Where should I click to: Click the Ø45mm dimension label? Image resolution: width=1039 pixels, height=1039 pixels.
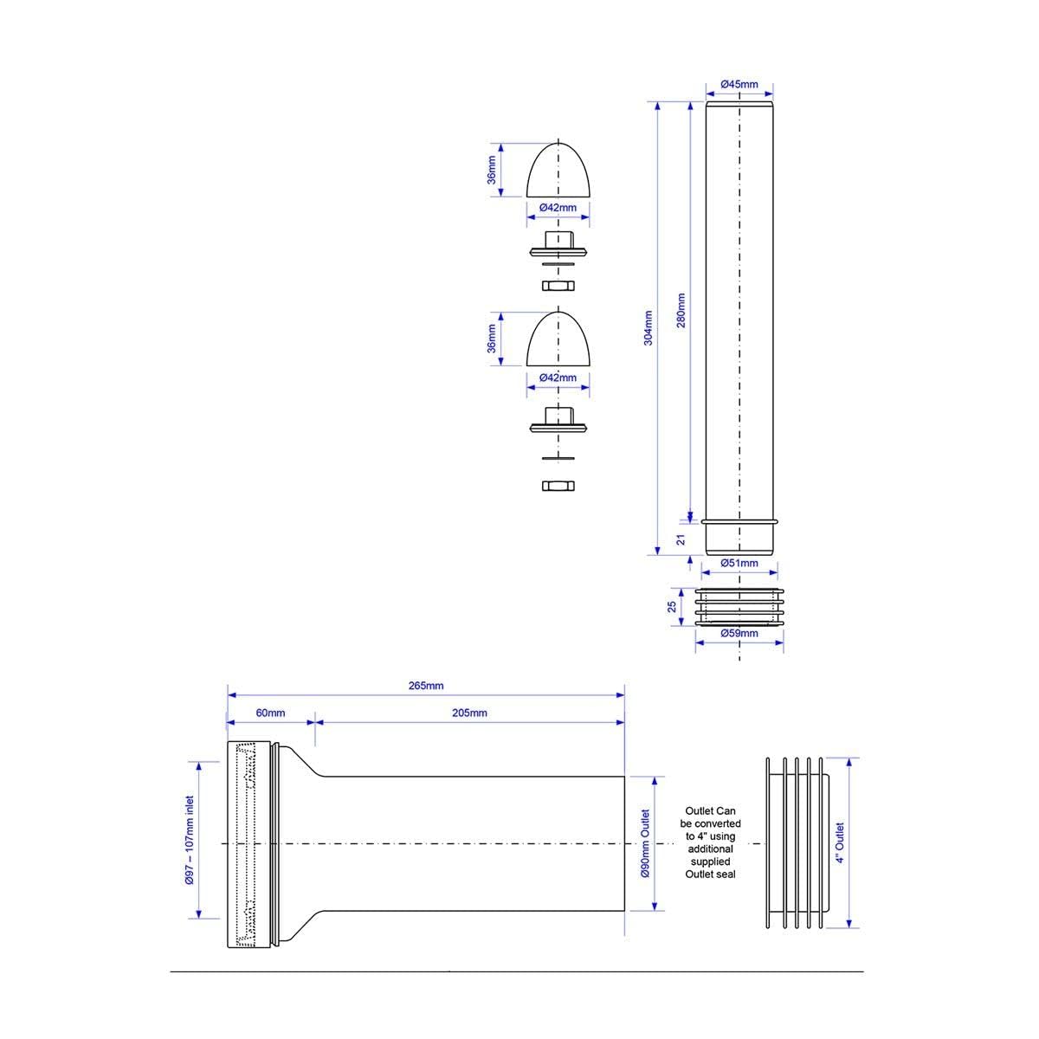[739, 84]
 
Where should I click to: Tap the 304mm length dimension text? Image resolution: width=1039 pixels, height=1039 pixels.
[649, 328]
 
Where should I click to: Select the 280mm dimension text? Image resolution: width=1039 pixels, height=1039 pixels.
[681, 310]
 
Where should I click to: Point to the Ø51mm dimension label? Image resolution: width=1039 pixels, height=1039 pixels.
[739, 563]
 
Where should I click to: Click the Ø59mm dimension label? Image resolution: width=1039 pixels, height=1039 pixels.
[739, 633]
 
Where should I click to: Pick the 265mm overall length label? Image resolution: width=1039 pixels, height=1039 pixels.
[426, 686]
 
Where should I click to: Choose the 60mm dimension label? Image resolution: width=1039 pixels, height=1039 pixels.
[270, 713]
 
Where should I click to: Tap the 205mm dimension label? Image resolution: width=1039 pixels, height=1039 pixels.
[469, 713]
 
